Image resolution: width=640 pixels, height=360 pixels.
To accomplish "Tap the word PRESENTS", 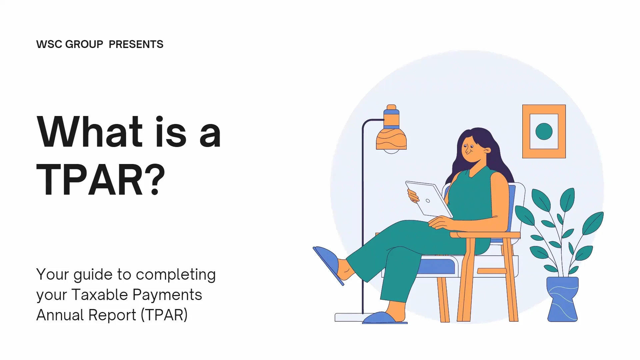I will pos(136,44).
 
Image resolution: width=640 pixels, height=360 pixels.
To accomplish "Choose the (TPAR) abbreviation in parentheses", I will pos(164,315).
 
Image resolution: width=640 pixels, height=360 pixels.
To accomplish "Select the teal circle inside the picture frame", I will pos(544,131).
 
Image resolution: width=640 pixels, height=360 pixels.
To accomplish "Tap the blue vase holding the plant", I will pos(562,299).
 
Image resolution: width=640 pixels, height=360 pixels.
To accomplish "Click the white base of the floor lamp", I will pos(348,317).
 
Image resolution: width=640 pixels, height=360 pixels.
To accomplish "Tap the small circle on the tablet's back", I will pos(428,201).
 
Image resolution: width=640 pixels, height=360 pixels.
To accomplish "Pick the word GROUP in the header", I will pos(84,44).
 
